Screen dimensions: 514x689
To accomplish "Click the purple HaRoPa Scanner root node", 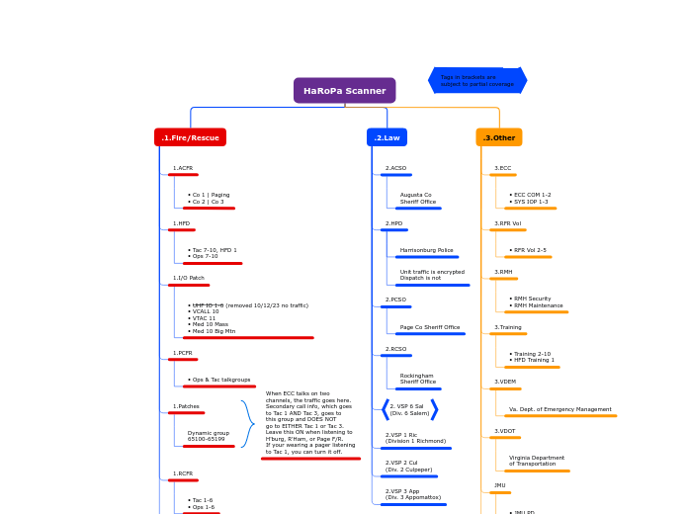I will tap(344, 91).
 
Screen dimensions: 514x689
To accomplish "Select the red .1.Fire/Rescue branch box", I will tap(190, 137).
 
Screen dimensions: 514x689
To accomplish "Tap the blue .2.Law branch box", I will tap(387, 137).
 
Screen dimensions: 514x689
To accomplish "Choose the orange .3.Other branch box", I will tap(498, 137).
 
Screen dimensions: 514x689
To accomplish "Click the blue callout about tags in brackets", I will tap(477, 80).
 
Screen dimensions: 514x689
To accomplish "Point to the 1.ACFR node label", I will tap(183, 169).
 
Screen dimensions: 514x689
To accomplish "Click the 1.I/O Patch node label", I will tap(189, 279).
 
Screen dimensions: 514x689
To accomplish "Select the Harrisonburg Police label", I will tap(426, 250).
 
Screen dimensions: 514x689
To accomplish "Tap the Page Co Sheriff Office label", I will tap(429, 327).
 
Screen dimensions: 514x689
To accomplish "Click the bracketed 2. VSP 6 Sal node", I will tap(407, 409).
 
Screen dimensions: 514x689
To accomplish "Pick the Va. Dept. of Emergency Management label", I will tap(560, 409).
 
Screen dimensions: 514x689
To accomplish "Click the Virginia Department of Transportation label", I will tap(537, 462).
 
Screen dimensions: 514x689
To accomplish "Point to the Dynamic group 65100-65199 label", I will tap(208, 436).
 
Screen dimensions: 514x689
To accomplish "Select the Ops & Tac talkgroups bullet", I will tap(219, 380).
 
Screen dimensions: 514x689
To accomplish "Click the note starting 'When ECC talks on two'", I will tap(310, 423).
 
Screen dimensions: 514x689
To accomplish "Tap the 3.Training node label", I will tap(508, 327).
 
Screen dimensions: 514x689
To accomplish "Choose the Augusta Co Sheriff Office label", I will tap(417, 199).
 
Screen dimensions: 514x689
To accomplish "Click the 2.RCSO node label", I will tap(395, 349).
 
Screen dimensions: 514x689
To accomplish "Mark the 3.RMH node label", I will tap(503, 272).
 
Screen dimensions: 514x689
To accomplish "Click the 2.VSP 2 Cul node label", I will tap(408, 466).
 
